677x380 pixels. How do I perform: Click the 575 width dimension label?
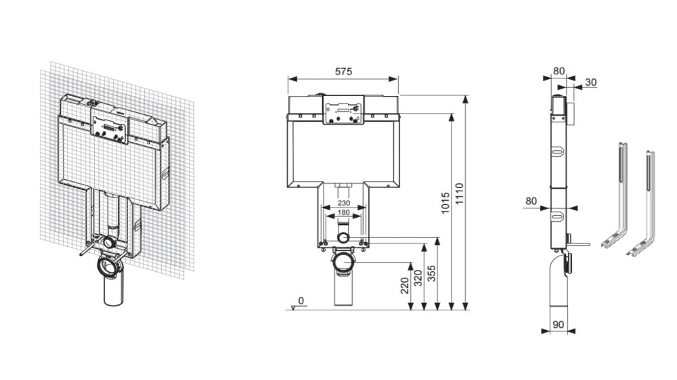tap(344, 71)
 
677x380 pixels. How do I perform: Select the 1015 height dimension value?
tap(445, 203)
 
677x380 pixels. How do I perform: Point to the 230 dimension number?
tap(344, 203)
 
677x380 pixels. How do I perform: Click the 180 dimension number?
tap(344, 212)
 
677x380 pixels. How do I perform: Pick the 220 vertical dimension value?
tap(405, 285)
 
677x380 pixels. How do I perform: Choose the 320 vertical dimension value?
tap(418, 278)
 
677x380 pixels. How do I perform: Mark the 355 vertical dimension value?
tap(431, 273)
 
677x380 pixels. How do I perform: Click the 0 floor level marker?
tap(301, 301)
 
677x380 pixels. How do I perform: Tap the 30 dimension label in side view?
tap(591, 82)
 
